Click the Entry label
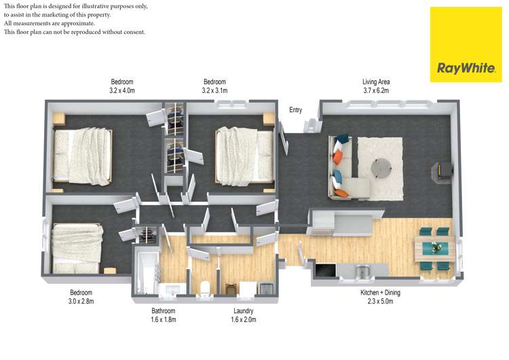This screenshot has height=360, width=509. (295, 110)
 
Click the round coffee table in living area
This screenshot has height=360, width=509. (381, 166)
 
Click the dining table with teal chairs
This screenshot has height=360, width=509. (432, 247)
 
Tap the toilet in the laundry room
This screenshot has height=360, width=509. (204, 287)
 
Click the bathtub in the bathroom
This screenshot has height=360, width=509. (145, 273)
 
